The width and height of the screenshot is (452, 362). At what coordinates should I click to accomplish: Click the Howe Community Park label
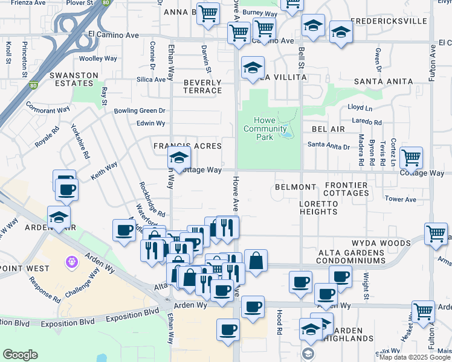click(x=265, y=129)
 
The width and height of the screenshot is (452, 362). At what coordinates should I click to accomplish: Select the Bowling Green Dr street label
click(x=140, y=111)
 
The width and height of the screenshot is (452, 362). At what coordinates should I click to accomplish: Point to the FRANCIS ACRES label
click(x=187, y=147)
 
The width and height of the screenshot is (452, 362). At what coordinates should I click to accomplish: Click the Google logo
click(x=20, y=354)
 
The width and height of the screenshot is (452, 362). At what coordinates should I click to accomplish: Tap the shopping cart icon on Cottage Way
click(x=411, y=157)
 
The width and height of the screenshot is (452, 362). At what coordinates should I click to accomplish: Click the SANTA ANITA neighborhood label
click(x=383, y=81)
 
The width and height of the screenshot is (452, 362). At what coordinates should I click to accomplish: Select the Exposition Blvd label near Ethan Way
click(x=133, y=315)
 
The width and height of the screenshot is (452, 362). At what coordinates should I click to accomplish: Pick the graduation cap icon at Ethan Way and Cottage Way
click(x=179, y=158)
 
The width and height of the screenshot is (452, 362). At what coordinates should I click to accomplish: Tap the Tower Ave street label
click(x=401, y=199)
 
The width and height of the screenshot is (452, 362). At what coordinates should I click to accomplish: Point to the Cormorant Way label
click(x=48, y=110)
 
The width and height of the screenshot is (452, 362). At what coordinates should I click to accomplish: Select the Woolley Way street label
click(x=98, y=59)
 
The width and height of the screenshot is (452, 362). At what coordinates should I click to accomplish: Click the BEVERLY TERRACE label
click(x=202, y=86)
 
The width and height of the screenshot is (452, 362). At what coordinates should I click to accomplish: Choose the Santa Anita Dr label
click(x=329, y=146)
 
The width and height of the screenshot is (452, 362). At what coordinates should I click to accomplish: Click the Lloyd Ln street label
click(x=360, y=107)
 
